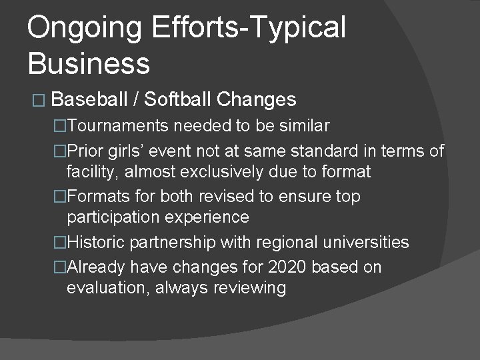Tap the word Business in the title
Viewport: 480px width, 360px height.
point(89,63)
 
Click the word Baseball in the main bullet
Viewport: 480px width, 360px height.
point(89,100)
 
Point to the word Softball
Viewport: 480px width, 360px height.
point(177,100)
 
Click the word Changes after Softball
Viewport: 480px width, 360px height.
point(256,100)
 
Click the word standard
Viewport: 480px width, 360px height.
point(320,151)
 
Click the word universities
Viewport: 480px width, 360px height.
point(369,243)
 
